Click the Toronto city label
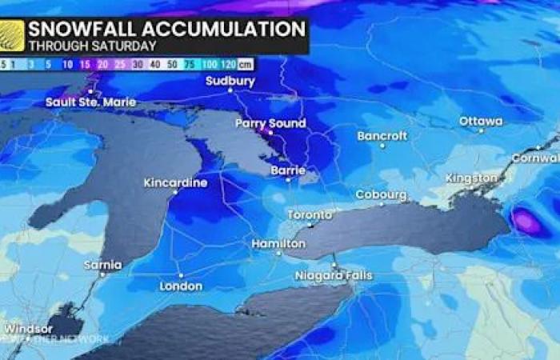pos(310,215)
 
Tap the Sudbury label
pos(230,81)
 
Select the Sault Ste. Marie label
pos(90,102)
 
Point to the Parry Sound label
pos(270,123)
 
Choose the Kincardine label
pos(175,182)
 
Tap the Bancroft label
pos(382,135)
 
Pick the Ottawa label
pos(481,122)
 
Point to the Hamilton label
pos(278,243)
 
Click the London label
pos(181,286)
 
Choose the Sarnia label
pos(103,264)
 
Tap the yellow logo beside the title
pos(11,36)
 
